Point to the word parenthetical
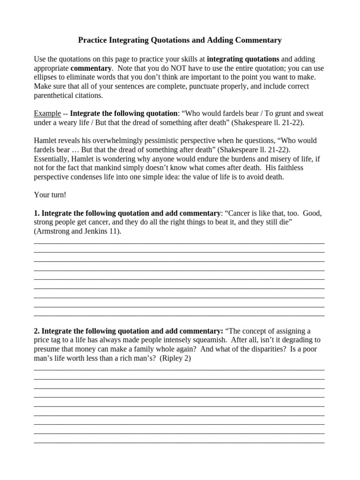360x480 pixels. tap(54, 96)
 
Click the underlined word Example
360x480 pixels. tap(47, 114)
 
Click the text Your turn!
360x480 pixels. tap(50, 195)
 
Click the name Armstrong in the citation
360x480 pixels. tap(55, 231)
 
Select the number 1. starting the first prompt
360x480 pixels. tap(37, 213)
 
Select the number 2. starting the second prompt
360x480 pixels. tap(37, 331)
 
